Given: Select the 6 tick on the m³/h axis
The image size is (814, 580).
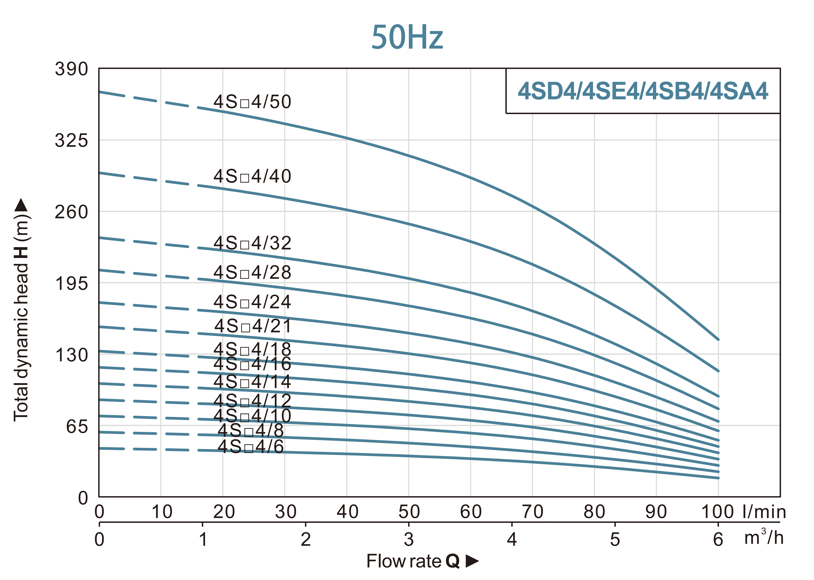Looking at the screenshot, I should (x=718, y=539).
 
